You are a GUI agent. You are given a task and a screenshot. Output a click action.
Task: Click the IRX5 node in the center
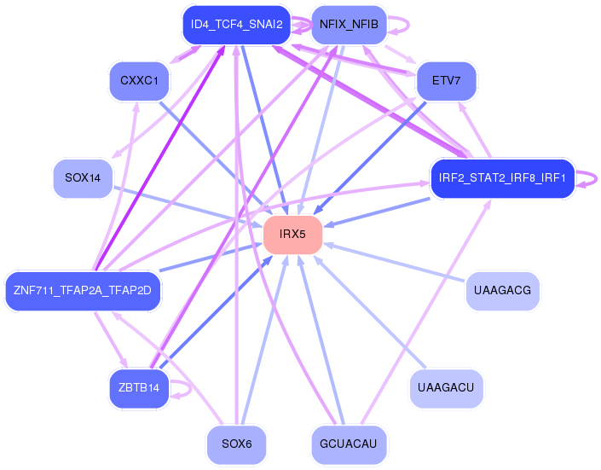(x=292, y=234)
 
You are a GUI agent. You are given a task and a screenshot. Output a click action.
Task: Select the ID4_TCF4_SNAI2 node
(x=236, y=25)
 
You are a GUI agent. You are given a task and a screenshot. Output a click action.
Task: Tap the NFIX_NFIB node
(x=349, y=25)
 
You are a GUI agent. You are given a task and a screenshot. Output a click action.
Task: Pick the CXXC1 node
(x=139, y=80)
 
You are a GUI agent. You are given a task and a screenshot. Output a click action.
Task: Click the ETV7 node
(x=446, y=80)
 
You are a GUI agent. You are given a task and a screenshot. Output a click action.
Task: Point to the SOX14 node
(x=83, y=178)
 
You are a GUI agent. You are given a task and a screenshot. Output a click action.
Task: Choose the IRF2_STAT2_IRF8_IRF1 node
(x=502, y=178)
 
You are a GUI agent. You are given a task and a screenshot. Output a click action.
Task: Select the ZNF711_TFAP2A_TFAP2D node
(x=83, y=290)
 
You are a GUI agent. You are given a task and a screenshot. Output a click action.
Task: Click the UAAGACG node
(x=502, y=290)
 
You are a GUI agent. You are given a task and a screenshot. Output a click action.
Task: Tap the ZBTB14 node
(x=139, y=387)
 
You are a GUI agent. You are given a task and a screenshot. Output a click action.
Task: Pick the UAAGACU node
(x=446, y=387)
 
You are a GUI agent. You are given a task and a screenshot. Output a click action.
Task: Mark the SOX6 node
(x=236, y=444)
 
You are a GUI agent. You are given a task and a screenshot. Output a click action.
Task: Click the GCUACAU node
(x=349, y=444)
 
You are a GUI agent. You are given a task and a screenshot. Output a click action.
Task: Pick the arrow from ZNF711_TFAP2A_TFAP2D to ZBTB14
(x=111, y=339)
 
